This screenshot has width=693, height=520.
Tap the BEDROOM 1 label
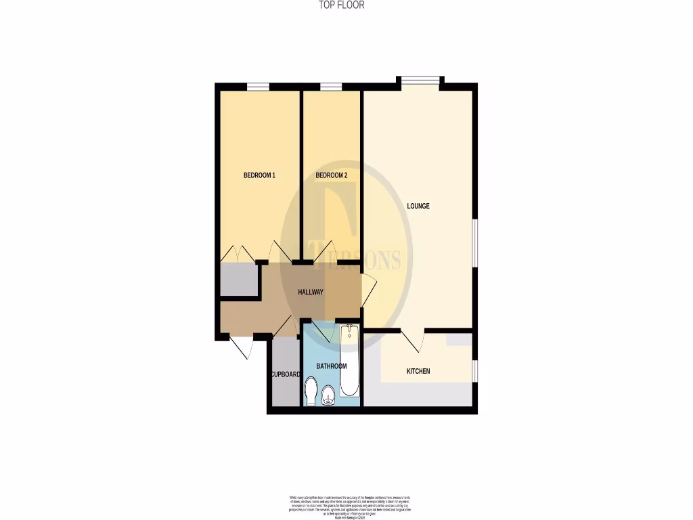259,175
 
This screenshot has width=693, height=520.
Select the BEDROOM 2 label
332,175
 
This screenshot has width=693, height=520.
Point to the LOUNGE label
418,206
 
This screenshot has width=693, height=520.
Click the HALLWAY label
311,292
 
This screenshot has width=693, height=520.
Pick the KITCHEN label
418,371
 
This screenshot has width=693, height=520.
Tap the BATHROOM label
332,366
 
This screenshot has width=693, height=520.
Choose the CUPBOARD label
285,374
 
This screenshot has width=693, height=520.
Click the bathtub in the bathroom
350,362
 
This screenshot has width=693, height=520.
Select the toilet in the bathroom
311,392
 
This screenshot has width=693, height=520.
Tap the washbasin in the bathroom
328,395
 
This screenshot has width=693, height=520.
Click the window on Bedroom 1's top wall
257,86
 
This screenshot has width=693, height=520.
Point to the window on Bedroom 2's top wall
330,86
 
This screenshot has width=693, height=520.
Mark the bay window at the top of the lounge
420,80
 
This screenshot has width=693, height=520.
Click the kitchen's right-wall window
474,371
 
